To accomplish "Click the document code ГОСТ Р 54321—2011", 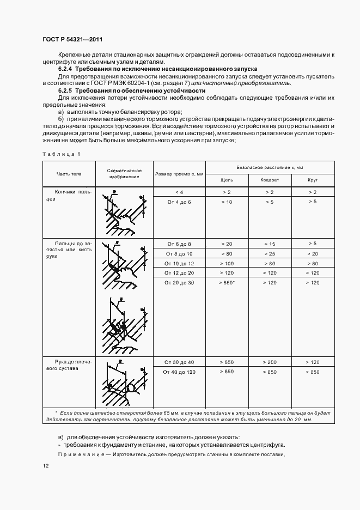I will pyautogui.click(x=71, y=40).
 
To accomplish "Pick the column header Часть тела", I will pyautogui.click(x=69, y=174).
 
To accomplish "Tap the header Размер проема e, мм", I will pyautogui.click(x=179, y=174).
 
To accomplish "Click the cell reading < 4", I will pyautogui.click(x=179, y=192).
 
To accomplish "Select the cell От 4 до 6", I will pyautogui.click(x=179, y=202).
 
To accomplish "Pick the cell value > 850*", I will pyautogui.click(x=227, y=282).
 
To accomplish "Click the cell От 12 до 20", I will pyautogui.click(x=179, y=272).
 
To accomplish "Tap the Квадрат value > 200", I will pyautogui.click(x=270, y=362).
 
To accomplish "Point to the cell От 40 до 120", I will pyautogui.click(x=179, y=372).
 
